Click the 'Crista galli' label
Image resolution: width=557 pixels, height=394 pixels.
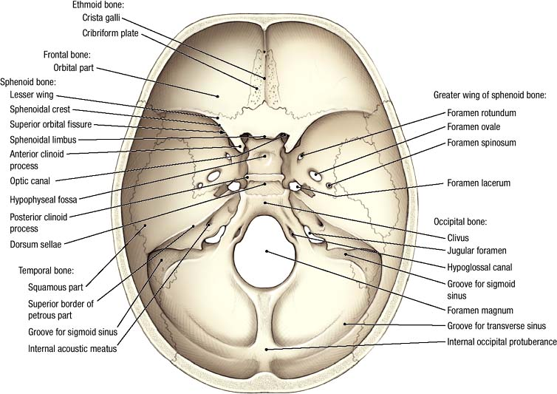point(101,18)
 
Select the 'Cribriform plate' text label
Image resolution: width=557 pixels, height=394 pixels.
point(110,33)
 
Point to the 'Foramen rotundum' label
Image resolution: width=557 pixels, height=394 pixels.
point(482,113)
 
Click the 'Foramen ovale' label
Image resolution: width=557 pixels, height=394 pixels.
point(474,127)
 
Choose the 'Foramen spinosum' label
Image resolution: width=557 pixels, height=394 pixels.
point(482,143)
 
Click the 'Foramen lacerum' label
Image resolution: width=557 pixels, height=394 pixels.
point(479,183)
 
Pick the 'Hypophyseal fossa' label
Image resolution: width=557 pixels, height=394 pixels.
point(44,200)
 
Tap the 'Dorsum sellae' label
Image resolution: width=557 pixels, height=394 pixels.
point(35,245)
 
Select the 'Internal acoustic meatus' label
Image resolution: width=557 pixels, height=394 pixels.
point(72,348)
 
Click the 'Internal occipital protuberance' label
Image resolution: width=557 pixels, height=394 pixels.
point(502,342)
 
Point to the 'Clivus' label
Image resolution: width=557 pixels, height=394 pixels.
point(458,238)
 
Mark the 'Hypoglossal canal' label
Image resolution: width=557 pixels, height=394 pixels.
point(479,268)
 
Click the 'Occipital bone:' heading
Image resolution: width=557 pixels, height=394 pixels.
point(460,222)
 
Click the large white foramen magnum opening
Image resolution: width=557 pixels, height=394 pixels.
point(264,251)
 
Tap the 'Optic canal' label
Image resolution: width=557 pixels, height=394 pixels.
point(30,181)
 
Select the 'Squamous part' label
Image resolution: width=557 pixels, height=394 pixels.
point(55,288)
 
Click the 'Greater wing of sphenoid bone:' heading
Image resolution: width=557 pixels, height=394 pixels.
point(490,95)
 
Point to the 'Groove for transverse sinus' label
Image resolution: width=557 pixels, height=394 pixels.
point(496,326)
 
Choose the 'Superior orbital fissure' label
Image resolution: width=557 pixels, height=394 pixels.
point(51,124)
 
